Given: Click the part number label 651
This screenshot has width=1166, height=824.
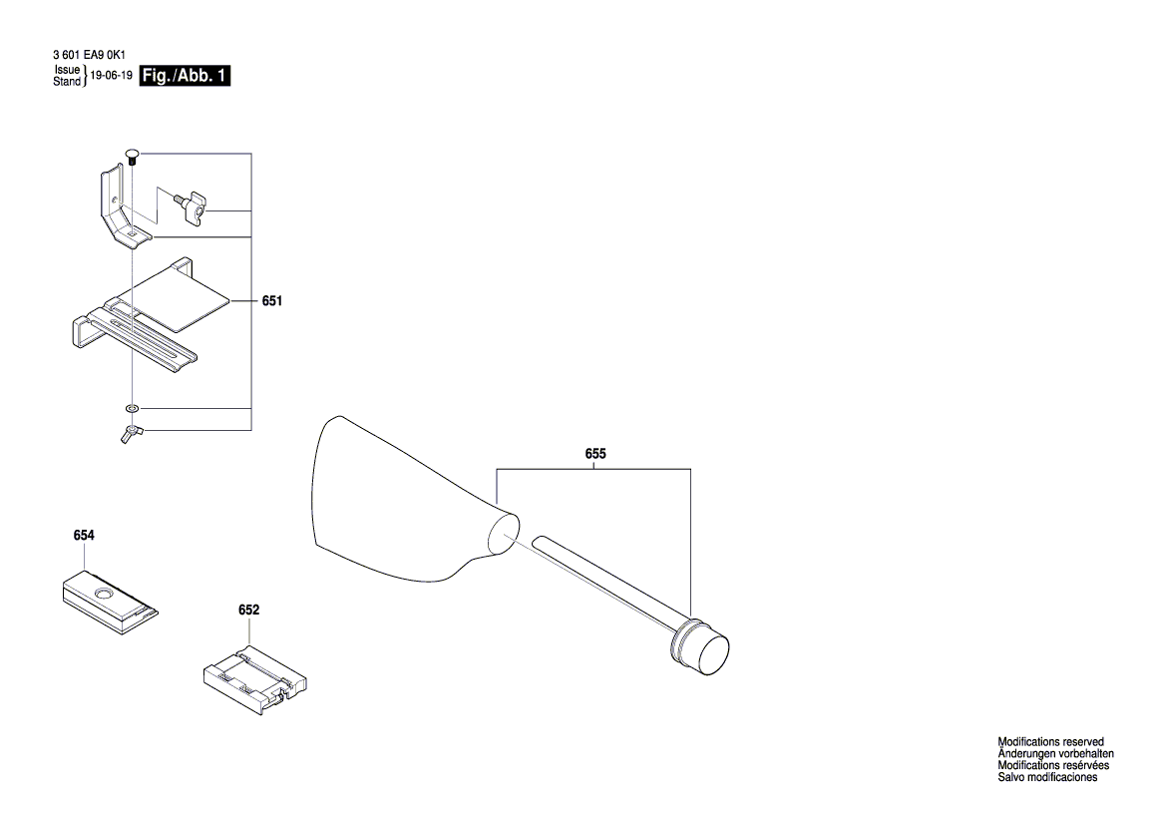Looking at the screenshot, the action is [270, 300].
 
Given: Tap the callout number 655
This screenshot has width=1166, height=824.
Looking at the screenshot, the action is [595, 454].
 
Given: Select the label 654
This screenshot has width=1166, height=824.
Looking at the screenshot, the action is [84, 536].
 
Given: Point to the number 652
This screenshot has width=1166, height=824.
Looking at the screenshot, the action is [248, 609].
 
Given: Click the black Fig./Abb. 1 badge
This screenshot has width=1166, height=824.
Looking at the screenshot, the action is [186, 76].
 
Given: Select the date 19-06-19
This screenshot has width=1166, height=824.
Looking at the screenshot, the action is [112, 76].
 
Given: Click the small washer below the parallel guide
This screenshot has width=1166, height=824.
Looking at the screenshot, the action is [132, 408].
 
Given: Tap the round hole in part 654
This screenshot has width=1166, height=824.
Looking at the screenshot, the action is [102, 595].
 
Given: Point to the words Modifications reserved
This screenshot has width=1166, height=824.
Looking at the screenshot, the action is [1050, 742].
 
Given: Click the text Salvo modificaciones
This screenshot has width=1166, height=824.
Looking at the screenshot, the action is [1047, 777].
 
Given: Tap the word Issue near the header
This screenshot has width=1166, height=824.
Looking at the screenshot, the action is [67, 71].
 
